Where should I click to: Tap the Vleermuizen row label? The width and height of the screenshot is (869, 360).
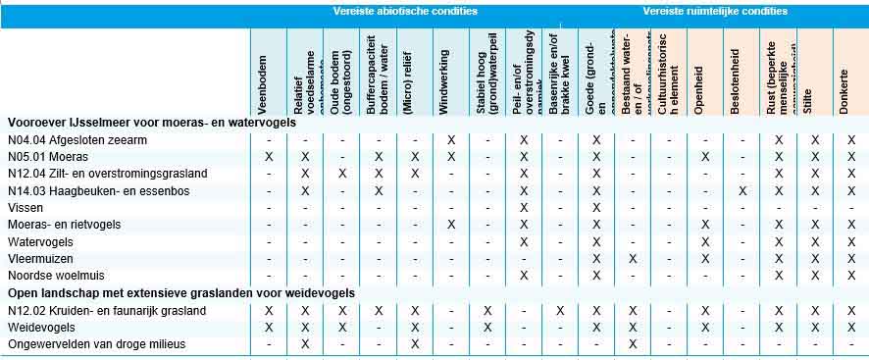[37, 259]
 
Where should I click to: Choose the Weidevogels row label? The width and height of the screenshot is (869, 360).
[41, 328]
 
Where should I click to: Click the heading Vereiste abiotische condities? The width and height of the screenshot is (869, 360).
[405, 12]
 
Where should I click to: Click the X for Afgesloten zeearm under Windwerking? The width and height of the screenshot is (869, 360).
[451, 140]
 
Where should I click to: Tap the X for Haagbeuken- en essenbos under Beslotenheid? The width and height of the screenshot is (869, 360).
[741, 190]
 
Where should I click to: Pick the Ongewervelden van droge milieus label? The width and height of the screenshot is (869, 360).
[96, 344]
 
